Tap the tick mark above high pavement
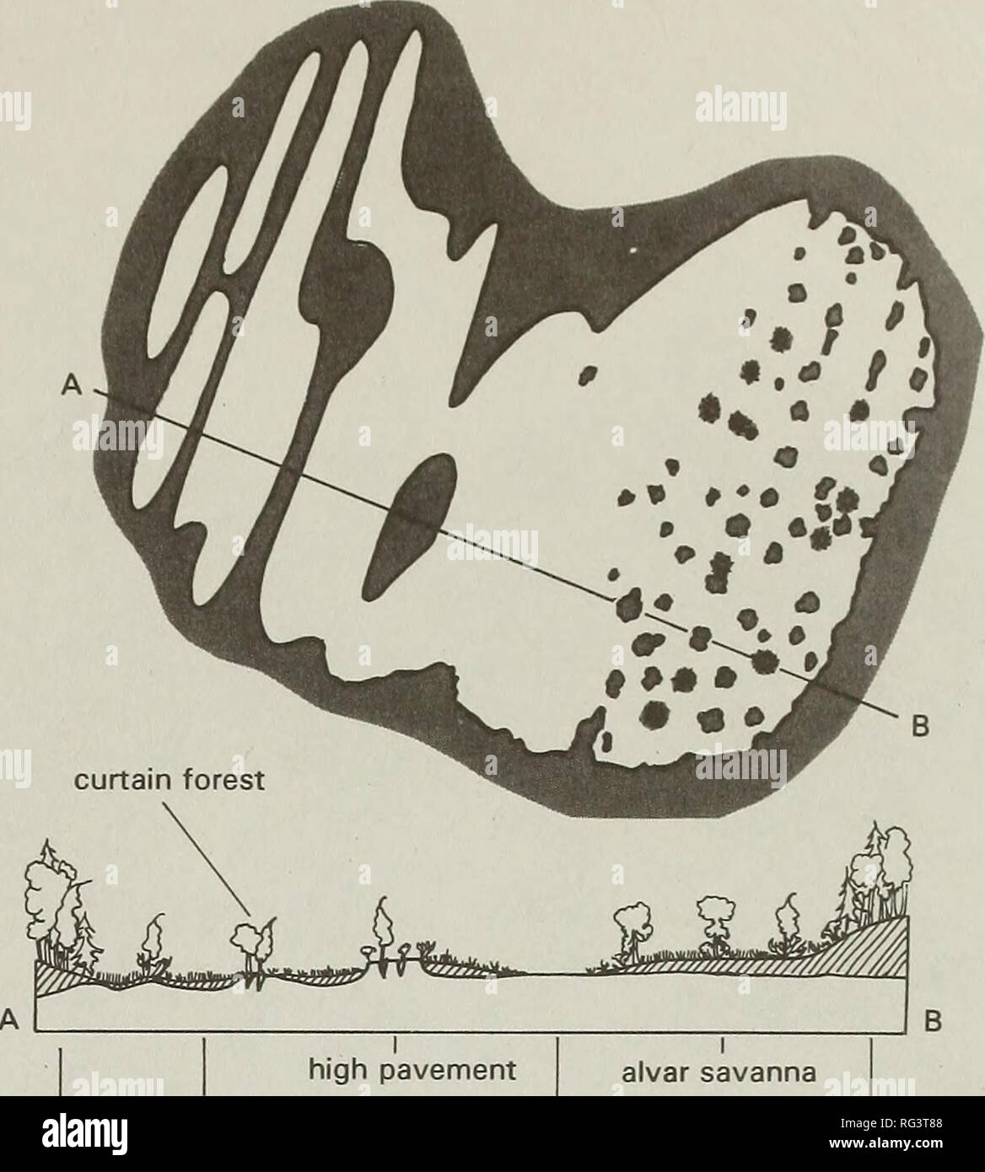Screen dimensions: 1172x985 click(396, 1046)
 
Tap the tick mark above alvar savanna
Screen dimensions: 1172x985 click(723, 1046)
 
